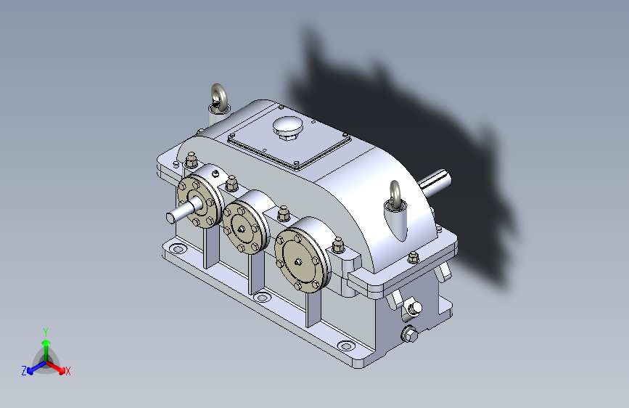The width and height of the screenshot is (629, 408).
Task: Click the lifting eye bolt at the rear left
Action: coord(219,99)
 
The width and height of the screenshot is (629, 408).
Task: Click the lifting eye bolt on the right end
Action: coord(395,197)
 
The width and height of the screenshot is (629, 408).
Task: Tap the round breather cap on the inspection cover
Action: coord(287,126)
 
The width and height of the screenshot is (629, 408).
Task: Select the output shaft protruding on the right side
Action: coord(435,183)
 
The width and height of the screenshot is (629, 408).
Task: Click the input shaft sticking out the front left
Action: coord(184,211)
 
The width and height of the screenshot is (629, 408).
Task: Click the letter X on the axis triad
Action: coord(67,371)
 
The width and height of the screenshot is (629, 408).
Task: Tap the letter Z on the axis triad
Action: coord(24,371)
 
